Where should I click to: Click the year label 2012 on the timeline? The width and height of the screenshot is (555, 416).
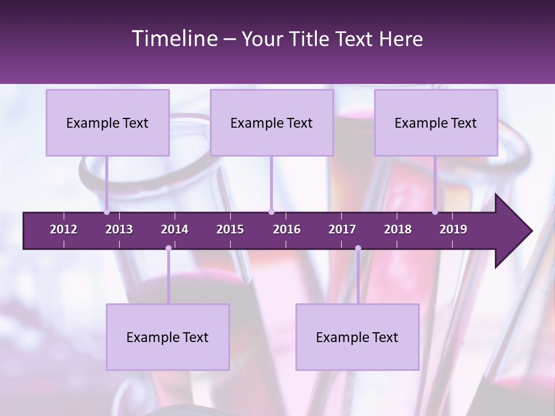(x=64, y=229)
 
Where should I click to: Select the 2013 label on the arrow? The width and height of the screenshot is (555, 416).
(x=119, y=229)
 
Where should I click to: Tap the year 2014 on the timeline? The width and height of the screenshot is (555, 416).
(x=175, y=229)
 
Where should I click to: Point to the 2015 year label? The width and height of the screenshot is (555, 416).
(x=230, y=229)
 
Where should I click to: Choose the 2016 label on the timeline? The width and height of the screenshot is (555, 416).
(x=287, y=229)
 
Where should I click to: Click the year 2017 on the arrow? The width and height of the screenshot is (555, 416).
(x=342, y=229)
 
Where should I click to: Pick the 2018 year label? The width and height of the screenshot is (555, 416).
(x=398, y=229)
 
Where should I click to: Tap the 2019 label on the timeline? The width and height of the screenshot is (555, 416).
(x=453, y=229)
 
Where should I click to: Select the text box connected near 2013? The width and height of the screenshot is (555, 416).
(x=108, y=122)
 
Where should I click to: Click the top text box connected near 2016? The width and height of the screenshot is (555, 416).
(x=272, y=122)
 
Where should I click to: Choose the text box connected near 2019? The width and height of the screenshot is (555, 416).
(x=436, y=122)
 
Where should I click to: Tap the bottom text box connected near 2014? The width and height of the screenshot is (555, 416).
(x=168, y=337)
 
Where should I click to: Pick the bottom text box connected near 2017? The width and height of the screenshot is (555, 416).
(x=357, y=337)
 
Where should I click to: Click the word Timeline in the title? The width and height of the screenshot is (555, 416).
(x=173, y=39)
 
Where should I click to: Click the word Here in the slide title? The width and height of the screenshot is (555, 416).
(x=401, y=39)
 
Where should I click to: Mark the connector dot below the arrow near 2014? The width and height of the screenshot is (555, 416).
(x=168, y=248)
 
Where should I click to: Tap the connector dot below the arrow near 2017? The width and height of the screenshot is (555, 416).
(x=358, y=248)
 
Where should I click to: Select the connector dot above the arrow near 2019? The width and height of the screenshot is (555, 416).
(x=435, y=212)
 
